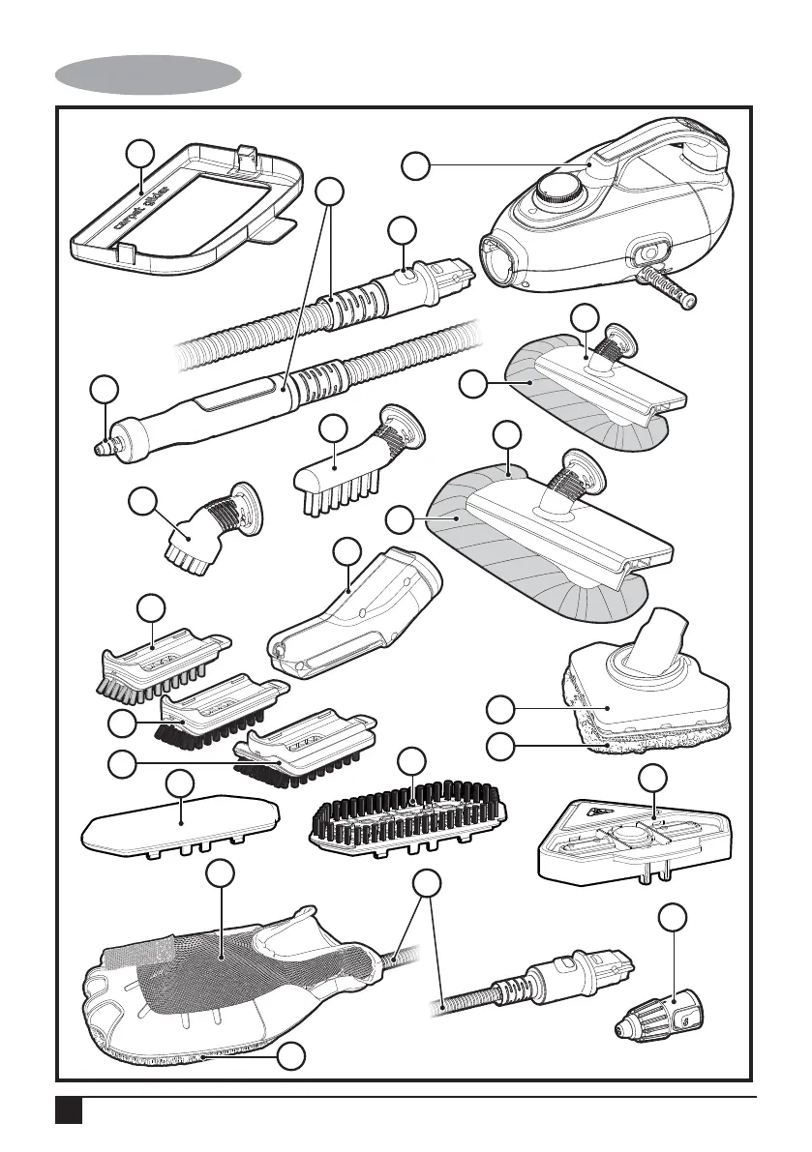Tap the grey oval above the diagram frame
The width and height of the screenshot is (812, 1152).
pos(148,74)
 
